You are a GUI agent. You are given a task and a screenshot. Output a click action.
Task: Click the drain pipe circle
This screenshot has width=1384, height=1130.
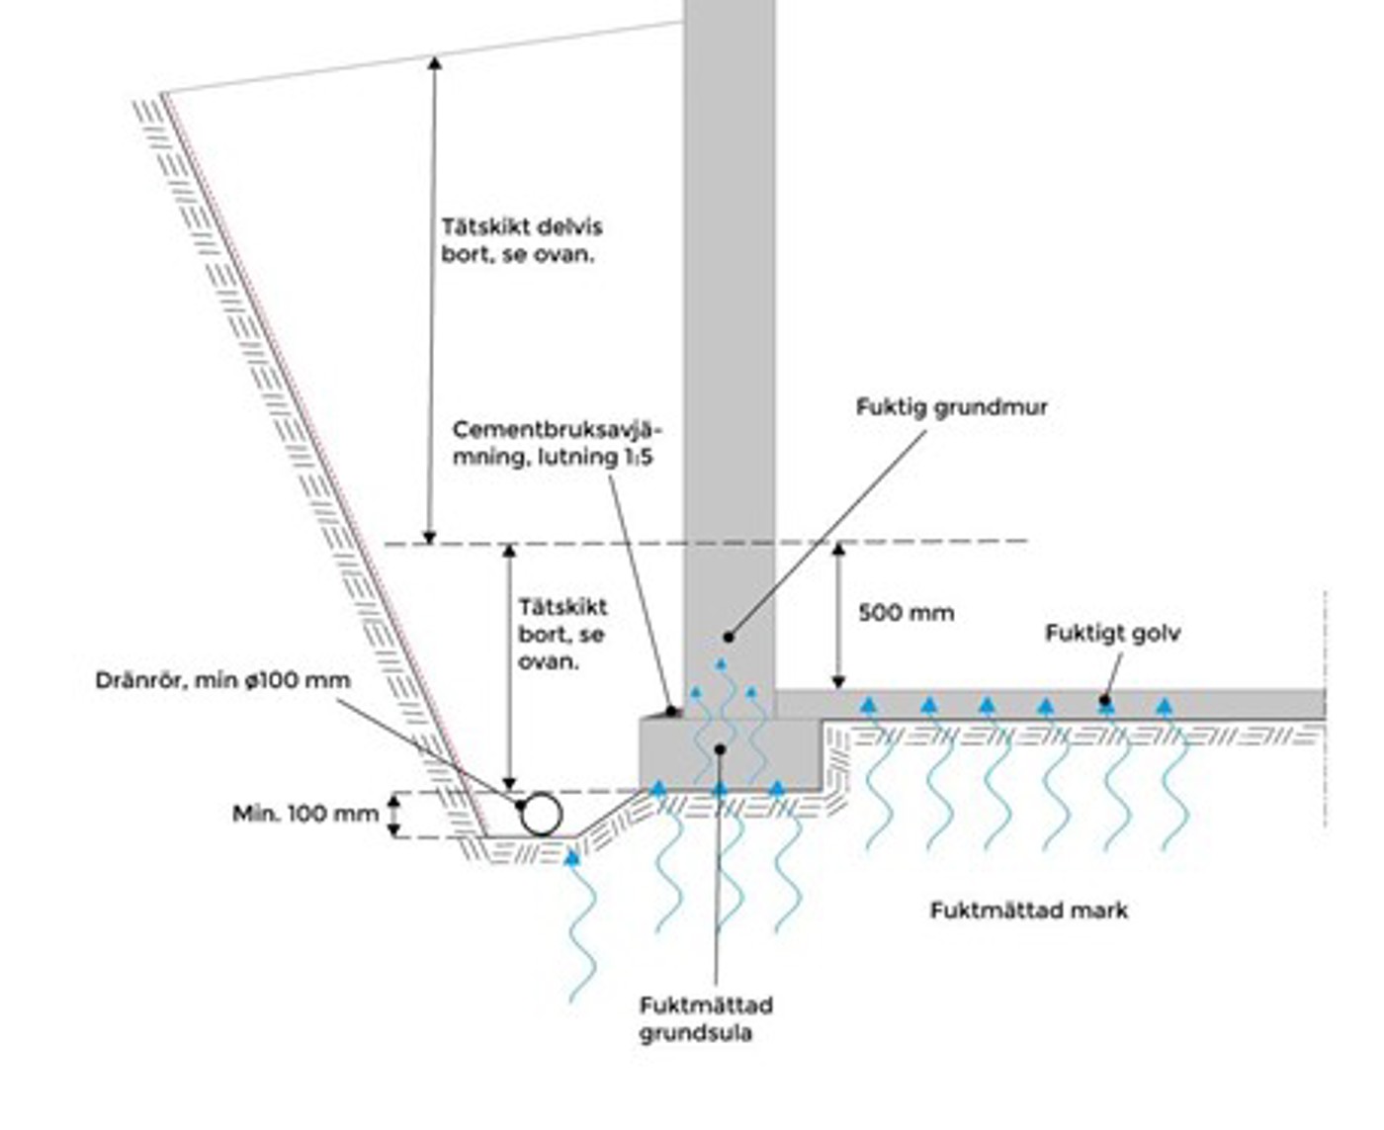click(541, 815)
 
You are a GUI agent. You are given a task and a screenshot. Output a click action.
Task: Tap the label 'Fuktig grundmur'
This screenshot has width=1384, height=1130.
click(951, 407)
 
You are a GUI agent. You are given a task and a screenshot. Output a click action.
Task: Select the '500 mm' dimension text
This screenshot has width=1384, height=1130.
click(906, 613)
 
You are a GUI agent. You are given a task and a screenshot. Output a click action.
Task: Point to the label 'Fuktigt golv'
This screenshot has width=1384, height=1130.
click(1112, 633)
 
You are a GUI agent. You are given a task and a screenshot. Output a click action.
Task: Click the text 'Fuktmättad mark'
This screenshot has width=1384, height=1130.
click(1028, 911)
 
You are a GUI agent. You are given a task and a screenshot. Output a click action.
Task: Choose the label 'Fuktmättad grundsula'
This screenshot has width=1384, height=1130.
click(705, 1019)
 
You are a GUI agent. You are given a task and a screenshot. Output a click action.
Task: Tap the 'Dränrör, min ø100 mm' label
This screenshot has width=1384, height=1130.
click(222, 680)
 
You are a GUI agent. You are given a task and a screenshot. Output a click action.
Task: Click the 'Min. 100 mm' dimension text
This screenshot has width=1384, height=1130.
click(305, 814)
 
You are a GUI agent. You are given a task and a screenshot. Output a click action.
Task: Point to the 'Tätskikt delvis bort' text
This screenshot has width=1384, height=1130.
click(521, 240)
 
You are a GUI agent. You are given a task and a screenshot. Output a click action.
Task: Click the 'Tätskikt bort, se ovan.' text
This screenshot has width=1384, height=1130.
click(562, 634)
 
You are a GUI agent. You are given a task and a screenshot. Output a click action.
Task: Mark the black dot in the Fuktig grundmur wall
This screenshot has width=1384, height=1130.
click(729, 638)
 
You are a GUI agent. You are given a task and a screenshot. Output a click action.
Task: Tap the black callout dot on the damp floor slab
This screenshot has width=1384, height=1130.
click(1104, 701)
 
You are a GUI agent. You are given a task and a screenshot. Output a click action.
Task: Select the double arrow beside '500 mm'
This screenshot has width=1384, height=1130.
click(838, 615)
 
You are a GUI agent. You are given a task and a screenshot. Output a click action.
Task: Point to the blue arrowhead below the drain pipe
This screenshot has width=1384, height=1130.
click(571, 858)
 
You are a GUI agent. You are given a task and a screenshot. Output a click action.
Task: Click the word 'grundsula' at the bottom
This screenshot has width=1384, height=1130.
click(695, 1033)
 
